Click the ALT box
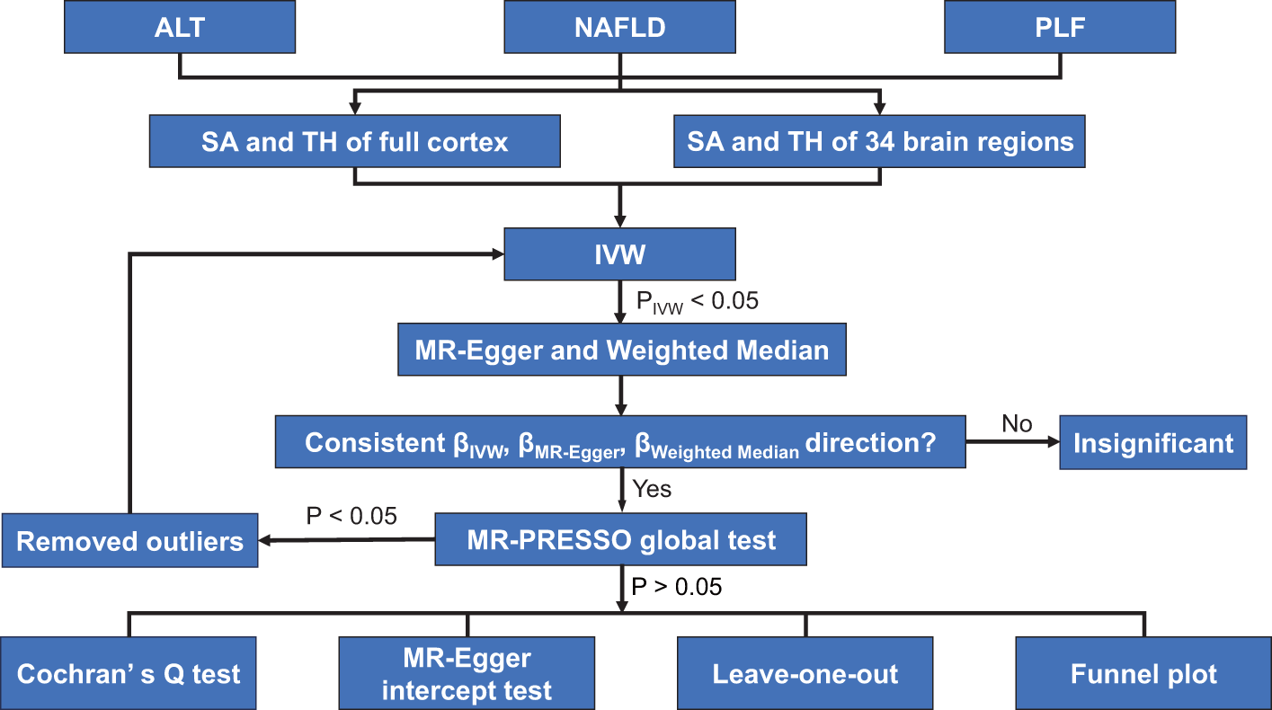click(x=180, y=28)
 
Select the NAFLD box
click(x=620, y=28)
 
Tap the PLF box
click(x=1060, y=28)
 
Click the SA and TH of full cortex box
click(x=355, y=141)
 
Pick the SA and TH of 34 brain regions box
click(x=881, y=141)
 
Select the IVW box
click(x=620, y=254)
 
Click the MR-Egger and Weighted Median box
click(x=622, y=350)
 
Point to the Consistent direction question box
click(x=620, y=442)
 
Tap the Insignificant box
click(x=1153, y=442)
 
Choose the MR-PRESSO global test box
click(x=621, y=539)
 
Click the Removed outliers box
click(x=129, y=541)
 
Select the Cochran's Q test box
click(x=129, y=673)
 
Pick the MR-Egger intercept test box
click(x=467, y=673)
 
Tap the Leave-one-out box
click(x=805, y=673)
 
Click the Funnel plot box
click(x=1143, y=673)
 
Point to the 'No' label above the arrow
click(x=1017, y=423)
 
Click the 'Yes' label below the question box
click(x=652, y=490)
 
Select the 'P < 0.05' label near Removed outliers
click(x=351, y=516)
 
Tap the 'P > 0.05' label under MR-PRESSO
click(x=677, y=587)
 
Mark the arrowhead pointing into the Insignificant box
click(x=1053, y=442)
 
